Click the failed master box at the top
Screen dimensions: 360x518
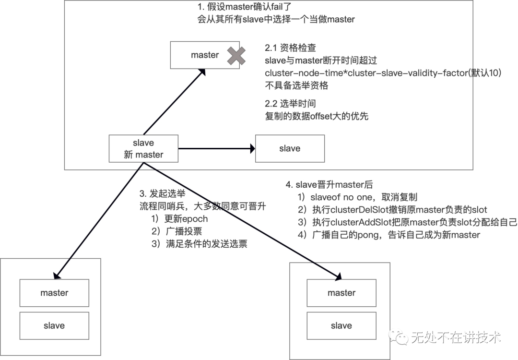pos(201,55)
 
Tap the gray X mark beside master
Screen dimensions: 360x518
pos(236,56)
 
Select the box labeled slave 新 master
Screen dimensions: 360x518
pos(143,149)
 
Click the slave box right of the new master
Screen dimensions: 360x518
pos(290,148)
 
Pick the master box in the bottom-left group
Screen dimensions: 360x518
pos(54,293)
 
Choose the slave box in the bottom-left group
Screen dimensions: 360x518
pos(54,325)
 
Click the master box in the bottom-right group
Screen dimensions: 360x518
pos(341,293)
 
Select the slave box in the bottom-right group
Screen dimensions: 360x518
pos(341,326)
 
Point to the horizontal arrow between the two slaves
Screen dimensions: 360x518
pos(216,149)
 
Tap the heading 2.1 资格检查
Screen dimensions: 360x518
pos(290,48)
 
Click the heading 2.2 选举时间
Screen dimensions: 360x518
pos(290,104)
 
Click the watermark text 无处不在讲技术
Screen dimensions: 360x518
pos(456,337)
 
